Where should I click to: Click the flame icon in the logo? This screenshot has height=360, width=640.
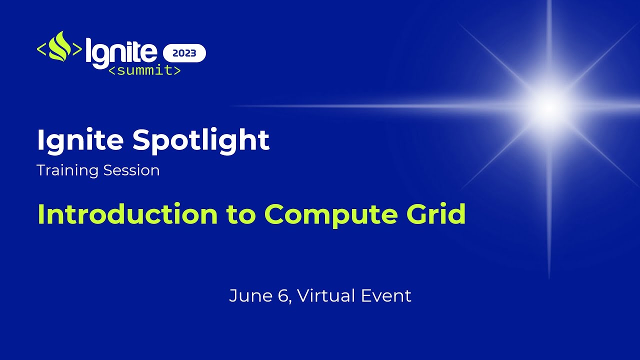(59, 47)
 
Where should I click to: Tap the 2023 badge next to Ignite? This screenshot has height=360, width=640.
(184, 53)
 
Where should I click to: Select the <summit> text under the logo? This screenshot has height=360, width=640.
(144, 70)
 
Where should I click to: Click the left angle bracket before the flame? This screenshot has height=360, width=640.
(42, 49)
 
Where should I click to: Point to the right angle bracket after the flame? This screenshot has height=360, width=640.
(77, 49)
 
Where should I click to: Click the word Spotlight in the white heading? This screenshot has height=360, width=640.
(201, 140)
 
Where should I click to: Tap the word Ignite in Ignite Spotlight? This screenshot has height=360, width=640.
(80, 140)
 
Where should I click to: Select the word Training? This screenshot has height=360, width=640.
(67, 170)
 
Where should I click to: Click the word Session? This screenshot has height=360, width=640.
(131, 170)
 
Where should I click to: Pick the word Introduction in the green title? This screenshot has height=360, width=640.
(127, 214)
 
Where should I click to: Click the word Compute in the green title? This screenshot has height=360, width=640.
(330, 214)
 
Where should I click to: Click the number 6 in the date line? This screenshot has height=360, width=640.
(282, 295)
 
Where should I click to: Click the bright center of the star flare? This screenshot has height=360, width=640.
(549, 106)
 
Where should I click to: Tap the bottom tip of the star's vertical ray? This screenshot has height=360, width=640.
(549, 276)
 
